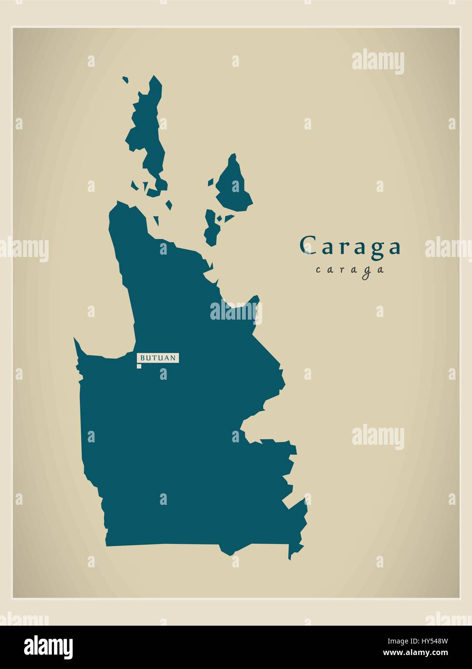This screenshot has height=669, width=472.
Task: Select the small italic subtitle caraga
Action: (x=350, y=270)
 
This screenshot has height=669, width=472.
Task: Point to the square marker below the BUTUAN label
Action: (x=139, y=367)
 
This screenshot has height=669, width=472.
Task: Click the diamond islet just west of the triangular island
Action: (x=211, y=182)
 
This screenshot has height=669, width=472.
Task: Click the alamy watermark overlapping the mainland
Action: (x=235, y=312)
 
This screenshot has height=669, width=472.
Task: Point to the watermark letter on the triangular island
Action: (x=235, y=186)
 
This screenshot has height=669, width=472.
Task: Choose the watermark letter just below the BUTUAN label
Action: (x=164, y=373)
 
